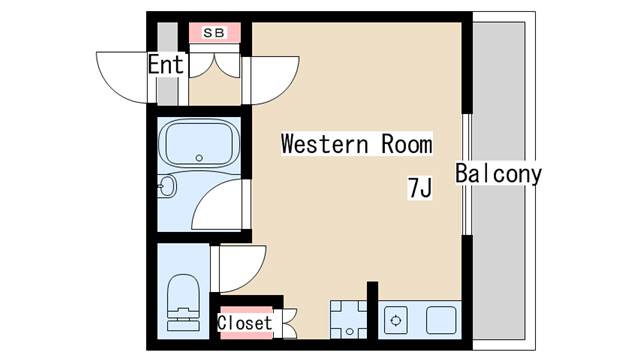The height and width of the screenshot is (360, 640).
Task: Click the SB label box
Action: click(214, 33)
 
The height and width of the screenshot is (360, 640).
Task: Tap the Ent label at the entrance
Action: click(166, 64)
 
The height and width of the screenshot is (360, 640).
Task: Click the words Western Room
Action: click(357, 144)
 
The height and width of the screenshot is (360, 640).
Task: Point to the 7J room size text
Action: click(420, 188)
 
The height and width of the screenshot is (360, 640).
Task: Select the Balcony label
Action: click(498, 173)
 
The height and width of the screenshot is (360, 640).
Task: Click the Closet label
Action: click(244, 323)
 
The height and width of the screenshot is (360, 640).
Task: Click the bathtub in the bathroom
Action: click(199, 144)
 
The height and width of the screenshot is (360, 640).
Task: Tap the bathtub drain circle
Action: click(199, 158)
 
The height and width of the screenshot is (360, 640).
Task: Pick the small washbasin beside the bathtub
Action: click(166, 187)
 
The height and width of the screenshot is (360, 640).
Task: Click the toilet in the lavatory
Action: click(183, 302)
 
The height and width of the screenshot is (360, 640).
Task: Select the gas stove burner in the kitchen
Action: click(396, 320)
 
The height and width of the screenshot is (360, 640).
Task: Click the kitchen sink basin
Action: click(441, 320)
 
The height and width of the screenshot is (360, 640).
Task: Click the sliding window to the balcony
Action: click(467, 174)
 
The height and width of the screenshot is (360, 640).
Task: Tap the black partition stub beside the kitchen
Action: click(372, 310)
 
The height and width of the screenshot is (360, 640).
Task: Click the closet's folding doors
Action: click(289, 324)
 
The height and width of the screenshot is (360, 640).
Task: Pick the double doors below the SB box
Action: click(214, 65)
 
